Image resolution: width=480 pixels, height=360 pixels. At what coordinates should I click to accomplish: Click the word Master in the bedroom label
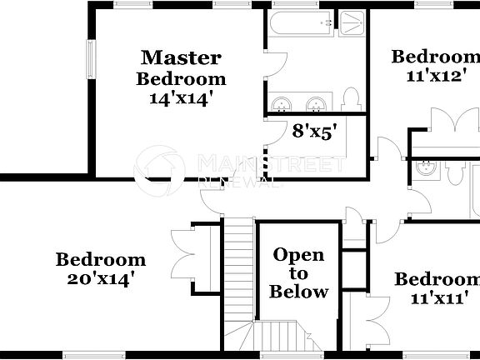pyautogui.click(x=181, y=58)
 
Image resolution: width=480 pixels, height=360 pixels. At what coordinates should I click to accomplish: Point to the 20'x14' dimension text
pyautogui.click(x=101, y=278)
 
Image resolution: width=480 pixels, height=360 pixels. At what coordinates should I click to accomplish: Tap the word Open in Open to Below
pyautogui.click(x=298, y=255)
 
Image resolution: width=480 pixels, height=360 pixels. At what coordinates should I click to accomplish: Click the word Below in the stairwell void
pyautogui.click(x=299, y=292)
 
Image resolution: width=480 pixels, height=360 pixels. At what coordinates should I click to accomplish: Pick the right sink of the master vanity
pyautogui.click(x=316, y=103)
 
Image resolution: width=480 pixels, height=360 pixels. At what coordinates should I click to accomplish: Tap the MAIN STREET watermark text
pyautogui.click(x=270, y=163)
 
